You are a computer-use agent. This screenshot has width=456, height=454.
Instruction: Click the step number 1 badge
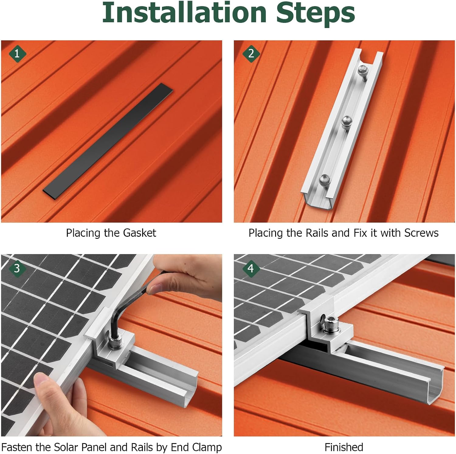tap(17, 54)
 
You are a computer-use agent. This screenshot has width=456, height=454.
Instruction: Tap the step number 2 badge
tap(251, 54)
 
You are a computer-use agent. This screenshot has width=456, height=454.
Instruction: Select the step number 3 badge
tap(17, 268)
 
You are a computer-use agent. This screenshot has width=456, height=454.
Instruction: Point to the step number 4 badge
tap(251, 268)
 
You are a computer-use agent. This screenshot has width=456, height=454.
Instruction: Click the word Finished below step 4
tap(344, 447)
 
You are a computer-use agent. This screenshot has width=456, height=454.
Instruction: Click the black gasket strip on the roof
tap(108, 141)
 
